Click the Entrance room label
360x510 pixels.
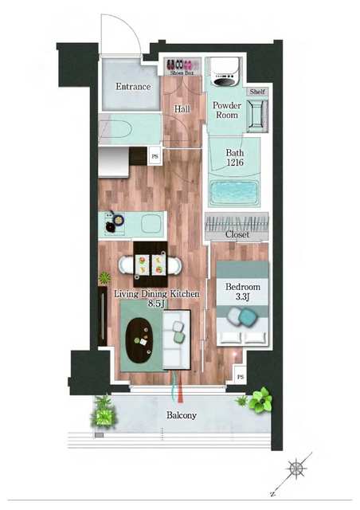coord(133,87)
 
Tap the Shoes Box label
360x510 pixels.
coord(182,73)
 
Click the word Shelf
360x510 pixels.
coord(257,92)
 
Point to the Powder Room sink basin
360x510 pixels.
coord(257,115)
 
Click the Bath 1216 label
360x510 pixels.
coord(235,158)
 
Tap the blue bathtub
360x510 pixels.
coord(234,193)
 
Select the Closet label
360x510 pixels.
coord(237,234)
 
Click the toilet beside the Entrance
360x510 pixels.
coord(115,129)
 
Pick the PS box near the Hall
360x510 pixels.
coord(155,156)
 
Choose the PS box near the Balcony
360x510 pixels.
coord(241,377)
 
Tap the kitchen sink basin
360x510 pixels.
coord(151,223)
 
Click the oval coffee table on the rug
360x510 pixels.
coord(139,340)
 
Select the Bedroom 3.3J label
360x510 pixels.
coord(243,292)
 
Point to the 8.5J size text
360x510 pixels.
coord(157,304)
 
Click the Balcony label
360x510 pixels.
coord(182,415)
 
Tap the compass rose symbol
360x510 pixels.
coord(297,469)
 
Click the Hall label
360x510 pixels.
coord(182,109)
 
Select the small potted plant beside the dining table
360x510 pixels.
coord(104,278)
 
